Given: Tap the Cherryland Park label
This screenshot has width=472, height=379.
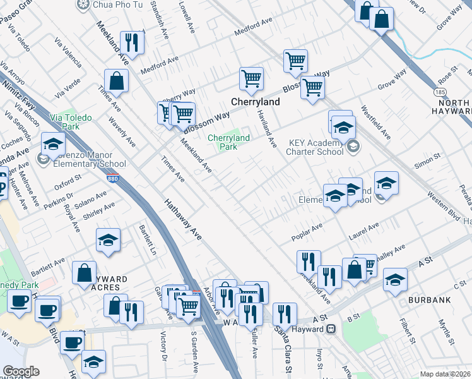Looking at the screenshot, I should (228, 142).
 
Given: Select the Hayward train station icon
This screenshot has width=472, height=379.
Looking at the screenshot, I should (330, 328).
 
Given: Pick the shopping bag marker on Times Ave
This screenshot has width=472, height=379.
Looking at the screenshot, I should (116, 80).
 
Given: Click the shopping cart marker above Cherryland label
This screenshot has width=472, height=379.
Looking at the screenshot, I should (251, 79).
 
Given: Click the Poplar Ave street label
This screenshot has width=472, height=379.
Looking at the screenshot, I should (307, 232).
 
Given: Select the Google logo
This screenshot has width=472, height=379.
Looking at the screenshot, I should (21, 371).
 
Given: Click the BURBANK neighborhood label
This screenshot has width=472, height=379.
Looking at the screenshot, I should (429, 299).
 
